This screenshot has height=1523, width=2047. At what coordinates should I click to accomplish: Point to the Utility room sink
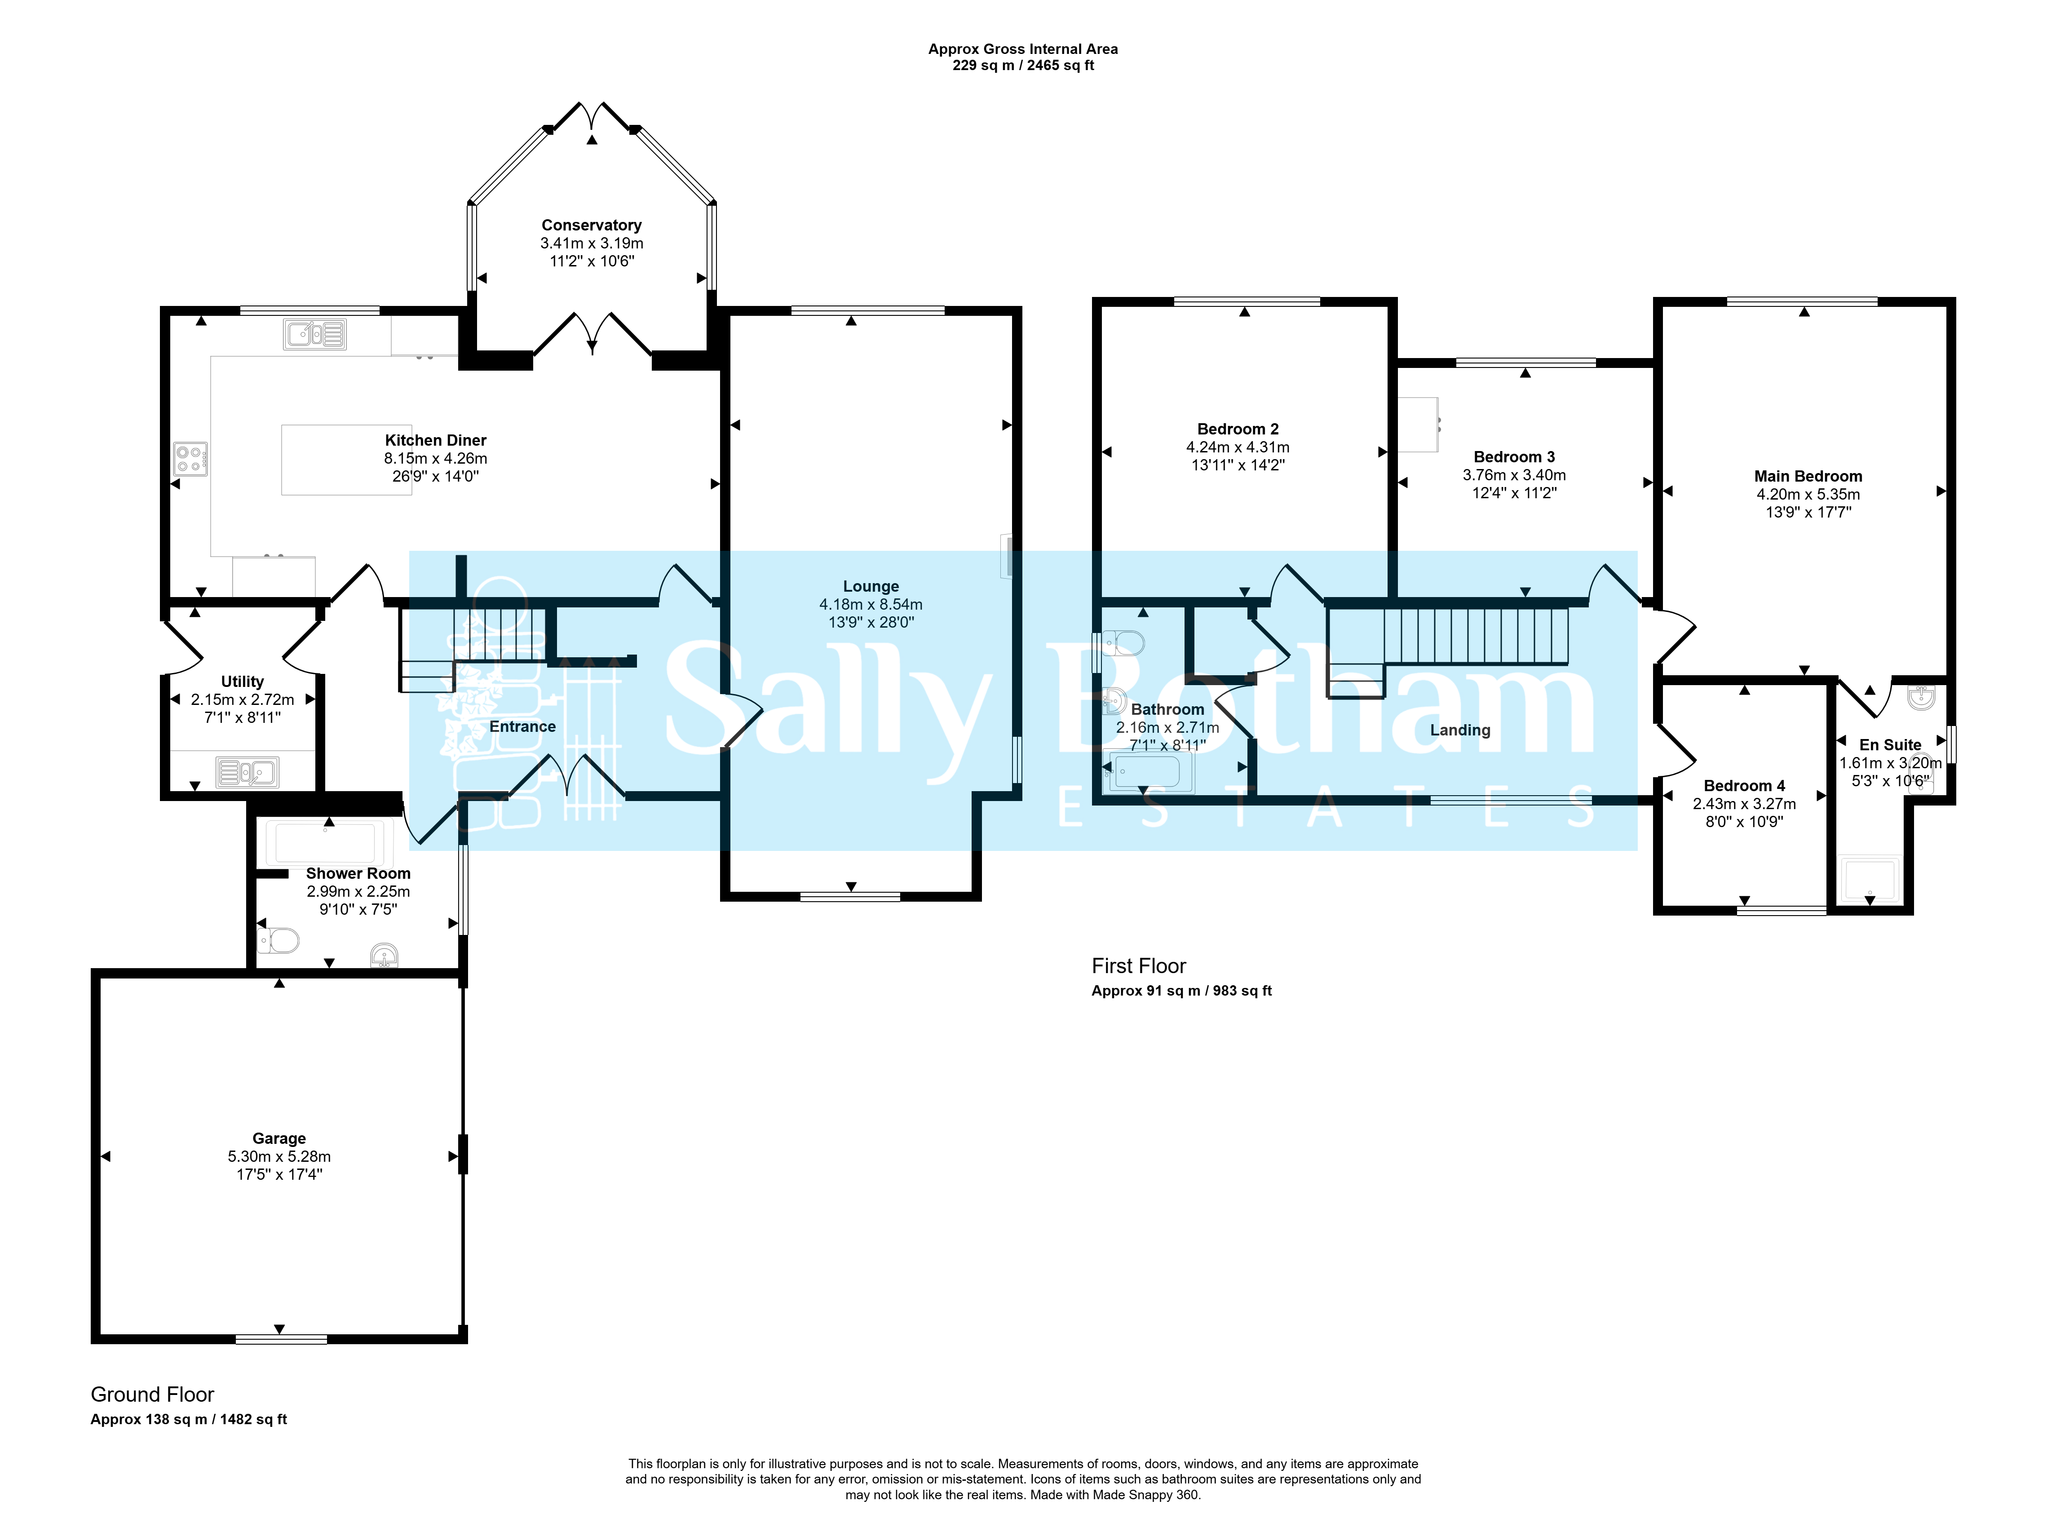pyautogui.click(x=247, y=772)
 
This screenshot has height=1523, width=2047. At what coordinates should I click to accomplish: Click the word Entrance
pyautogui.click(x=522, y=726)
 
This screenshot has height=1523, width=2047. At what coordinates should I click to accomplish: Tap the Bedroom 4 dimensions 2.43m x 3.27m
pyautogui.click(x=1744, y=804)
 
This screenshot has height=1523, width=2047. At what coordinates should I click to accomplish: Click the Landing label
pyautogui.click(x=1460, y=730)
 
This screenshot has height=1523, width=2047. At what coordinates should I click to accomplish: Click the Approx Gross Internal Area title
pyautogui.click(x=1023, y=49)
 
